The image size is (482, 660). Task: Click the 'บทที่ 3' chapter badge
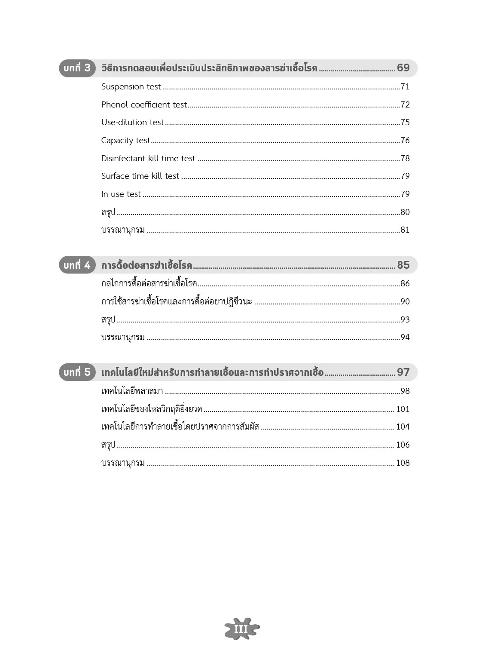77,68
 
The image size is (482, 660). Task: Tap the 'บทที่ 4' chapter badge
77,265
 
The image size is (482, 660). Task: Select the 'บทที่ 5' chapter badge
77,372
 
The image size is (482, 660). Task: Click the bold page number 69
403,68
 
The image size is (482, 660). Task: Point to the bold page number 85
403,265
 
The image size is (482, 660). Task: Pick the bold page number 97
403,372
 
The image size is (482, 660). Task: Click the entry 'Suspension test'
131,87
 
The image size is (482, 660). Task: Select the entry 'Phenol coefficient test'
144,104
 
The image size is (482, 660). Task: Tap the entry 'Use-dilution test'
132,123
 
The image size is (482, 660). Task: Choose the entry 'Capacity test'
125,141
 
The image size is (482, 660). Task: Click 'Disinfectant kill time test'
148,159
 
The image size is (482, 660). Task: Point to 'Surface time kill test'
140,176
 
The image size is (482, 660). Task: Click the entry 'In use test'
121,194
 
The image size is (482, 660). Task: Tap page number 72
405,105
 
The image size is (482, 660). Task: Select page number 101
403,409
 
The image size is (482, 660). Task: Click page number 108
403,463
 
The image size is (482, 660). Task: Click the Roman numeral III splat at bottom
241,629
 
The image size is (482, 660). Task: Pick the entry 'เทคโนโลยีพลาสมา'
132,391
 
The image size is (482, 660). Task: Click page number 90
405,302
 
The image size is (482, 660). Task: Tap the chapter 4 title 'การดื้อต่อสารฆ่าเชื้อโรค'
146,265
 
